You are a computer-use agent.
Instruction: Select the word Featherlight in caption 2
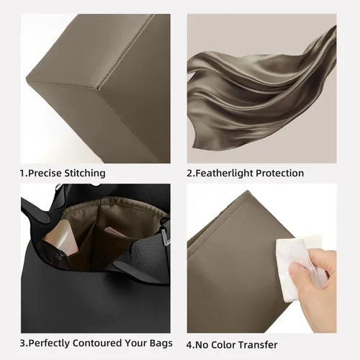tap(224, 173)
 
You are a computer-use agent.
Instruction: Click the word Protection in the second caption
tap(280, 173)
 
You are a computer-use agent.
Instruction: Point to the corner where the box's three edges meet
tap(98, 88)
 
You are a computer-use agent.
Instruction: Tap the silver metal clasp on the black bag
tap(165, 238)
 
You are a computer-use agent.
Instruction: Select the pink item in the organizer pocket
tap(113, 231)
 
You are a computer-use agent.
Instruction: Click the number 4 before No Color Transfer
tap(189, 345)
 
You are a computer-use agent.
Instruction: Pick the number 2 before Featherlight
tap(189, 174)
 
